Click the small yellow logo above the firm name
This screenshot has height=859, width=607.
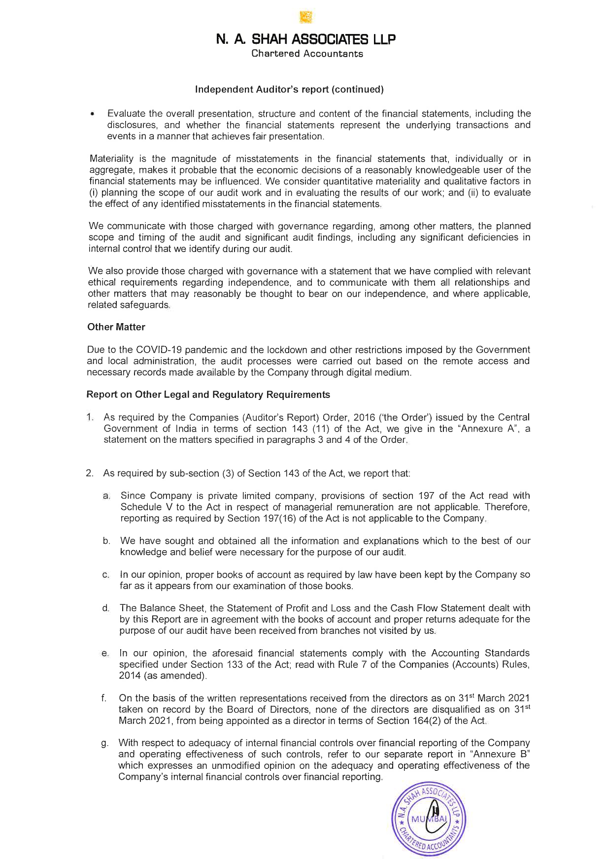click(306, 18)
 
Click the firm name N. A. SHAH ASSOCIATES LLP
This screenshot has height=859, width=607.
click(306, 39)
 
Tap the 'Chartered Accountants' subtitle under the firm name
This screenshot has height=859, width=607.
click(307, 54)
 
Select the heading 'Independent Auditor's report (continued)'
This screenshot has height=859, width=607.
click(289, 90)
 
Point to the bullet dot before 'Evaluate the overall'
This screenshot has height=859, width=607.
click(92, 115)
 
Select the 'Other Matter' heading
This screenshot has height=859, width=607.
click(116, 327)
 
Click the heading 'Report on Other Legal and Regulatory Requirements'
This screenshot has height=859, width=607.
click(208, 395)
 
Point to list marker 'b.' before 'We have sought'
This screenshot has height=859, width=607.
click(106, 541)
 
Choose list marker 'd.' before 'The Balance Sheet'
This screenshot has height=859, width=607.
click(105, 608)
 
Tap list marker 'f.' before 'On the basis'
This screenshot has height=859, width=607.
click(104, 698)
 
